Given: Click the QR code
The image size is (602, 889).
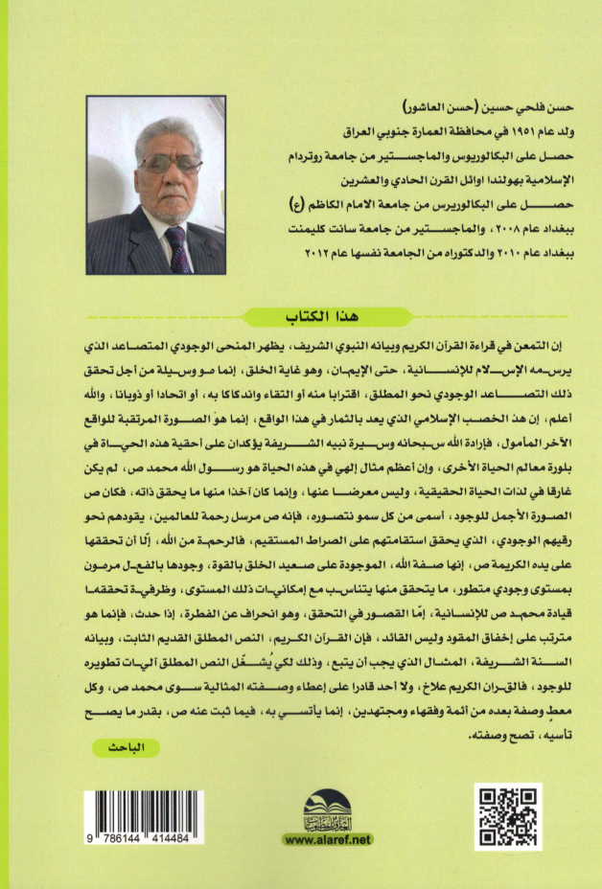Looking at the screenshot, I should [508, 816].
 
